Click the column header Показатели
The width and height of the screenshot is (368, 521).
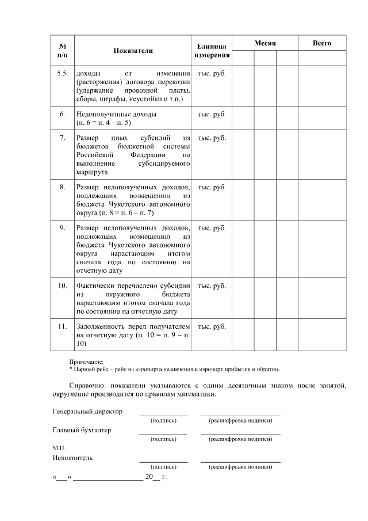pyautogui.click(x=133, y=51)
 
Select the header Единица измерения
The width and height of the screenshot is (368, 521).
pyautogui.click(x=212, y=51)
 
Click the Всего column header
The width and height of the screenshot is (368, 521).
pyautogui.click(x=321, y=43)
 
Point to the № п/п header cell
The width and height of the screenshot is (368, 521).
pyautogui.click(x=62, y=51)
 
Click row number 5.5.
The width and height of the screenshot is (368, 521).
pyautogui.click(x=62, y=74)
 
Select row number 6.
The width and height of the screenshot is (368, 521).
pyautogui.click(x=62, y=114)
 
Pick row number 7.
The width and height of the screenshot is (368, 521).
pyautogui.click(x=62, y=138)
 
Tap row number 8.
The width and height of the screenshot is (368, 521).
pyautogui.click(x=62, y=188)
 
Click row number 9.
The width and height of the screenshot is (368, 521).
pyautogui.click(x=62, y=229)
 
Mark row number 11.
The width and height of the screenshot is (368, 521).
pyautogui.click(x=62, y=327)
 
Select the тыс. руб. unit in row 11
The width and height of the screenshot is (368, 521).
pyautogui.click(x=212, y=327)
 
